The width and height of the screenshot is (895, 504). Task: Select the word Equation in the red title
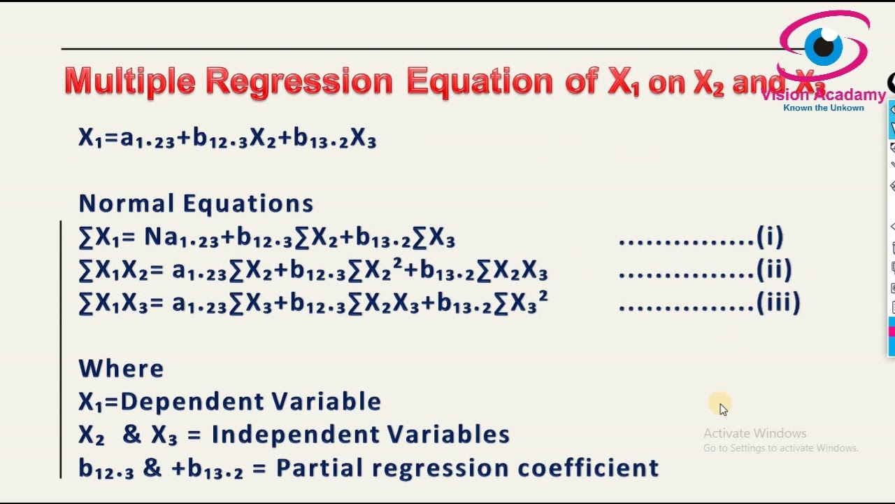[480, 83]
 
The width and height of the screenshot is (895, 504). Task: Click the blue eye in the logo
[824, 46]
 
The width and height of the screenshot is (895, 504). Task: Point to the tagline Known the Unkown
[824, 108]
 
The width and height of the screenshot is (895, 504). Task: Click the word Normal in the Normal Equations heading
[127, 203]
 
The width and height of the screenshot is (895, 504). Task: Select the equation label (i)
[770, 237]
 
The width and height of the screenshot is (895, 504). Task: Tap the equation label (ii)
[774, 269]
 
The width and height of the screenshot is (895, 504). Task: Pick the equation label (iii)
[778, 302]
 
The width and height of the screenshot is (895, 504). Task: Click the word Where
[121, 368]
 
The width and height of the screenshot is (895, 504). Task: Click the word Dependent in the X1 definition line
[192, 402]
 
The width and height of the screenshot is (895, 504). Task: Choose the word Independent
[295, 435]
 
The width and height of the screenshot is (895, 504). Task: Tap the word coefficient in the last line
[588, 467]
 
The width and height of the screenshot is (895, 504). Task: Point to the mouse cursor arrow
[724, 409]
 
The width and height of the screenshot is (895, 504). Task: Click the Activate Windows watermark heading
[754, 433]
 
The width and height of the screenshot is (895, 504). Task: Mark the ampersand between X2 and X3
[132, 435]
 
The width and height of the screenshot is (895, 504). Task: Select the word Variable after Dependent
[327, 401]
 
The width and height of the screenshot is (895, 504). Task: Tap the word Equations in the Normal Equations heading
[248, 203]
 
